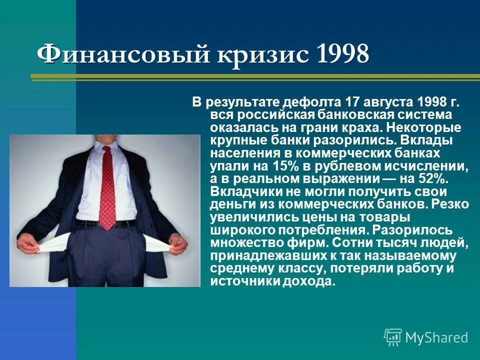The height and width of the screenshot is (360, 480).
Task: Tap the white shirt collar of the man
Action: point(106,146)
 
